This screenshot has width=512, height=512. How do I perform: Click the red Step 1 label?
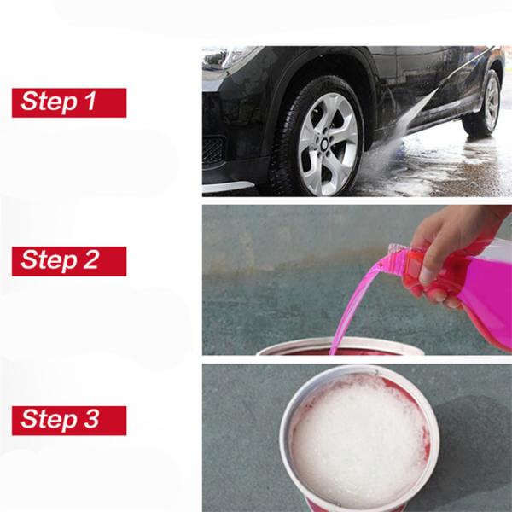coord(69,102)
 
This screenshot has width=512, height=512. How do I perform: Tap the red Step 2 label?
coord(69,261)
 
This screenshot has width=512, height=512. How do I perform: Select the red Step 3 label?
coord(69,421)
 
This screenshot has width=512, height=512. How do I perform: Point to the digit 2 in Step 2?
coord(90,259)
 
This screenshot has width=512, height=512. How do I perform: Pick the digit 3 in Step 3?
coord(91,419)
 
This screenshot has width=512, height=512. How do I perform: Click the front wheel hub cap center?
coord(325,144)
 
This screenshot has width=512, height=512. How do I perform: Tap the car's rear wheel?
coord(483,103)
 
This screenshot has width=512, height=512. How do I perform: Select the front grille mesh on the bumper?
coord(212,151)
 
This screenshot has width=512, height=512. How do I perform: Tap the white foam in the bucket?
coord(359,441)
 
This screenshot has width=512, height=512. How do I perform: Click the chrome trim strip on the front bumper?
coord(228,187)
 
